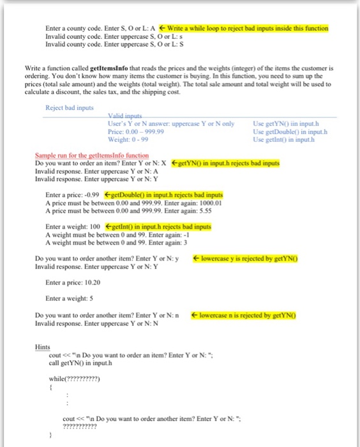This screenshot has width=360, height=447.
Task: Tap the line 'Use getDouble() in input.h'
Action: (x=290, y=131)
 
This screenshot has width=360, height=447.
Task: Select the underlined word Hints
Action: (x=41, y=347)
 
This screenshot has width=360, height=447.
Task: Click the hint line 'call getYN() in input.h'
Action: (x=86, y=363)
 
